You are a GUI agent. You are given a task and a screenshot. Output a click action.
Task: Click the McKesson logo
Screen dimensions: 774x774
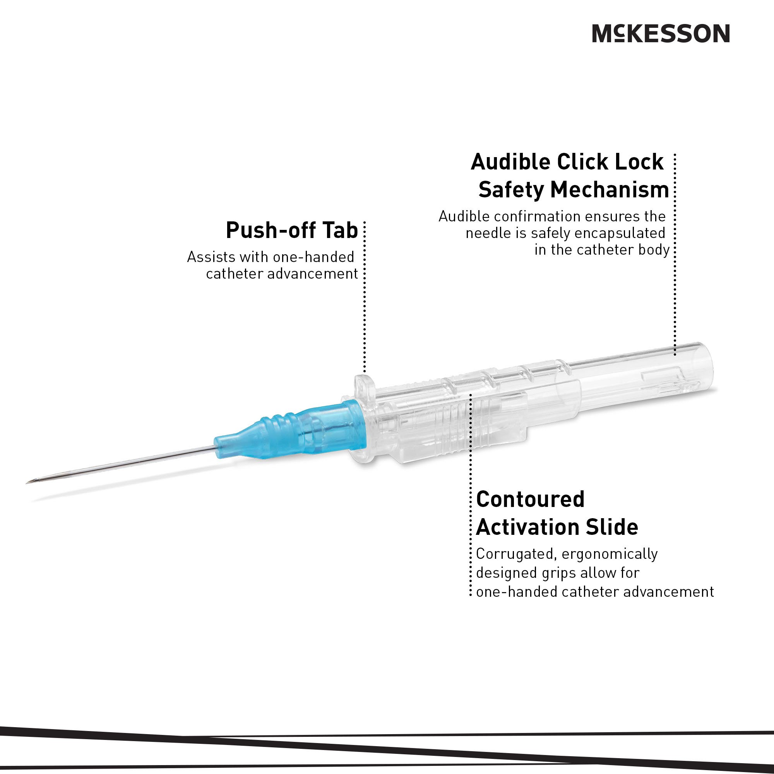661,33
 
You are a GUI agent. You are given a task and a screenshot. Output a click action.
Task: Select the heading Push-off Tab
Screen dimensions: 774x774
292,230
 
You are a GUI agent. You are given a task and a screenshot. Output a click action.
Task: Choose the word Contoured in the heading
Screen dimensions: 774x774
530,500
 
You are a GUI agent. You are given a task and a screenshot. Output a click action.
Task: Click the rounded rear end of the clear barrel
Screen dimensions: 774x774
707,366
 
